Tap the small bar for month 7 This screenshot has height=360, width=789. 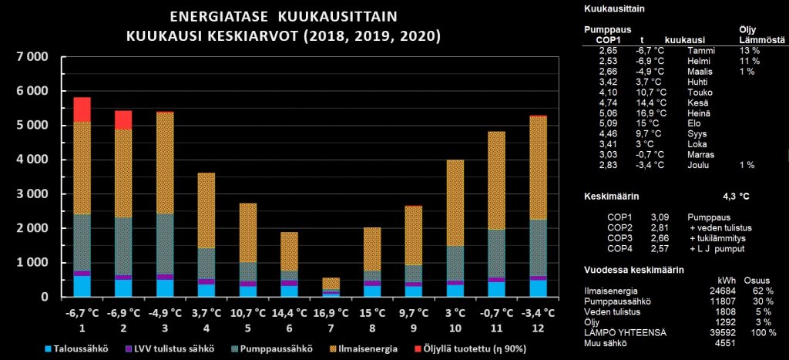(331, 286)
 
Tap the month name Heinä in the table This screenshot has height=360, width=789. (699, 113)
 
